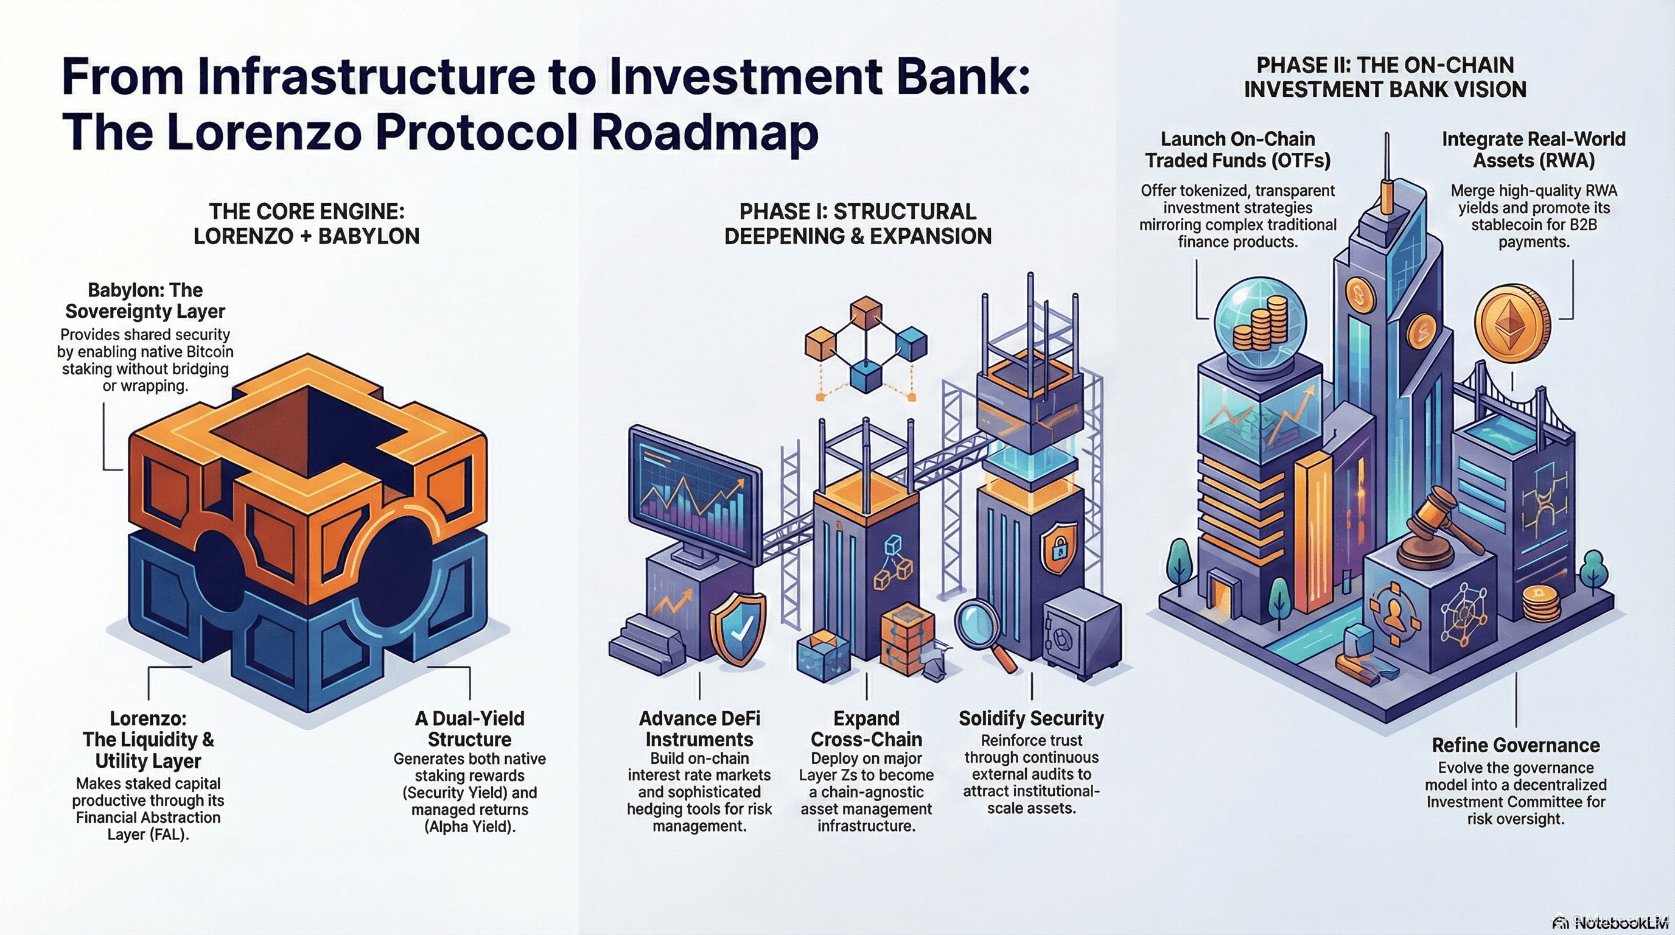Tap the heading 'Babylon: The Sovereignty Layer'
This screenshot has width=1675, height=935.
145,300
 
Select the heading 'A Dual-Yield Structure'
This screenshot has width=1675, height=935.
469,729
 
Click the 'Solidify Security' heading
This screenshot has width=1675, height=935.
1031,718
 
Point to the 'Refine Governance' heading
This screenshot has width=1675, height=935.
1516,745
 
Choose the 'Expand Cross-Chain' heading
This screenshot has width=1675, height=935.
866,729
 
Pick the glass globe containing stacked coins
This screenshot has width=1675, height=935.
1260,321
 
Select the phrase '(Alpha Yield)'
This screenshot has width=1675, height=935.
469,827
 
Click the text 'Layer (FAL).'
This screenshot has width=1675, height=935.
149,835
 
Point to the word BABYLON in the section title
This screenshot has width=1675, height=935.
369,236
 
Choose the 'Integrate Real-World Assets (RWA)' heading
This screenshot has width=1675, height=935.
1533,150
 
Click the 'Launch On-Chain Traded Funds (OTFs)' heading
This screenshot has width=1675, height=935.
1237,150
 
